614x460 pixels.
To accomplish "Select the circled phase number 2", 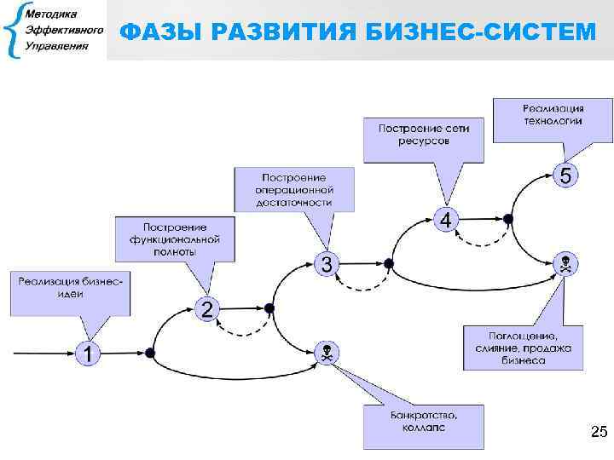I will pyautogui.click(x=206, y=308).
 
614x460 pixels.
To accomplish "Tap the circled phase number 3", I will pyautogui.click(x=327, y=263).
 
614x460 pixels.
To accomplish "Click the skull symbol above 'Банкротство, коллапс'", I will pyautogui.click(x=327, y=352).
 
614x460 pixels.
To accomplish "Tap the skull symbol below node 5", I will pyautogui.click(x=566, y=263).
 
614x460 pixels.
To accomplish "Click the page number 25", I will pyautogui.click(x=598, y=433).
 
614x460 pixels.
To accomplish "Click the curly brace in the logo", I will pyautogui.click(x=13, y=32).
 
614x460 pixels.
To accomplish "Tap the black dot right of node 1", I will pyautogui.click(x=150, y=352).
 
